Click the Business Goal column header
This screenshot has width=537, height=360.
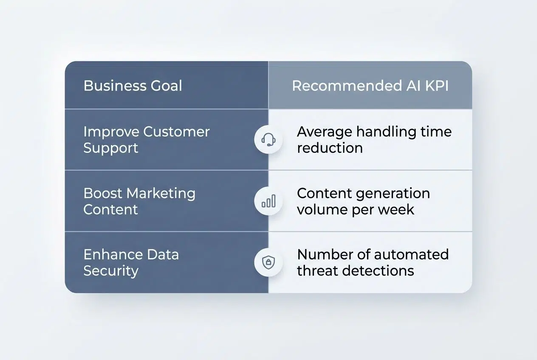[x=133, y=86]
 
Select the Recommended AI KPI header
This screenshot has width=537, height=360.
[x=370, y=86]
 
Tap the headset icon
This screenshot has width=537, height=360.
[x=268, y=139]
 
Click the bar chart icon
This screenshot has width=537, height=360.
[x=268, y=201]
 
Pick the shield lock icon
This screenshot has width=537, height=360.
[x=268, y=262]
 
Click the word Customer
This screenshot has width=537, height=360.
[x=176, y=132]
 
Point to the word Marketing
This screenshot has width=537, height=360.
[x=161, y=193]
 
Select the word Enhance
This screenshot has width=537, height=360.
[x=107, y=255]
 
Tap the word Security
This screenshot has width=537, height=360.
[x=111, y=271]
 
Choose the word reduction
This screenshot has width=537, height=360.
[x=330, y=148]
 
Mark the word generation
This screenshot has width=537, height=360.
[x=397, y=193]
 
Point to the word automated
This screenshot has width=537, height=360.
[x=411, y=255]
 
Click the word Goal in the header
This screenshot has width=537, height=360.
[x=166, y=86]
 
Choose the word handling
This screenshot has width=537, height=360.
[x=386, y=132]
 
